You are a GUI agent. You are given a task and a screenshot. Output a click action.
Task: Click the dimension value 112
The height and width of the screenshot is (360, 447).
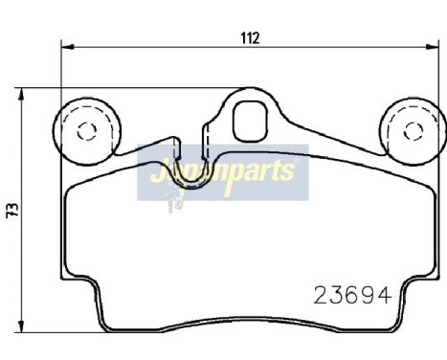(x=250, y=38)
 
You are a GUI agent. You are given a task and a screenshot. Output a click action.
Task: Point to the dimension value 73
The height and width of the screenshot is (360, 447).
(x=11, y=208)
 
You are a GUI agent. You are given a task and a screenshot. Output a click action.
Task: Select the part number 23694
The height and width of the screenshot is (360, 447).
(x=352, y=297)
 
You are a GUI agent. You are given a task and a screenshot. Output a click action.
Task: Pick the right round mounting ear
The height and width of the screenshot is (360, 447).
(x=413, y=130)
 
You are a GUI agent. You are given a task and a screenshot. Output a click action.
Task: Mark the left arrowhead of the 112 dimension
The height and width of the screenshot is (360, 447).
(x=67, y=45)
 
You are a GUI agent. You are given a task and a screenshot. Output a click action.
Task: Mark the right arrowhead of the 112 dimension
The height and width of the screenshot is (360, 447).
(x=435, y=45)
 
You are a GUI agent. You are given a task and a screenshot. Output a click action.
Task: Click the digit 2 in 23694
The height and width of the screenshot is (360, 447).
(x=321, y=297)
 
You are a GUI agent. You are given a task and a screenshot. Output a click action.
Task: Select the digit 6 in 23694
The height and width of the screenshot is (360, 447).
(x=352, y=297)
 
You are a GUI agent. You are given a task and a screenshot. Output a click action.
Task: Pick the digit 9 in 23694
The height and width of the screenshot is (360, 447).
(x=369, y=297)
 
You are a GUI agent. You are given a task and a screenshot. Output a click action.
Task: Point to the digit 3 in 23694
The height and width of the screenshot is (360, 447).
(x=336, y=297)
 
